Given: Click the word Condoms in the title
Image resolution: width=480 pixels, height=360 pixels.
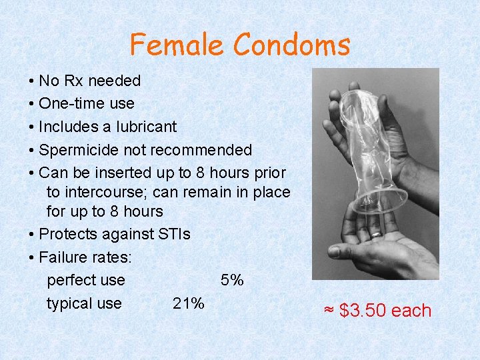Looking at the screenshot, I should tap(291, 45).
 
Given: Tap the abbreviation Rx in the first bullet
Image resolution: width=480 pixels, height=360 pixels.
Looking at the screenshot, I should tap(75, 81).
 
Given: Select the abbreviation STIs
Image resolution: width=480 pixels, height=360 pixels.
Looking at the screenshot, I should tap(173, 235).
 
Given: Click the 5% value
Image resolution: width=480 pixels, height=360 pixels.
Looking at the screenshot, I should tap(232, 281).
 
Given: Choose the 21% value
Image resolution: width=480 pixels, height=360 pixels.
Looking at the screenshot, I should tap(188, 304).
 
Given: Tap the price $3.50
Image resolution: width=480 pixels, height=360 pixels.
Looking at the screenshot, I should tap(363, 311).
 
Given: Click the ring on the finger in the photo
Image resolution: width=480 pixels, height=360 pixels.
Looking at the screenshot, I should tap(377, 234).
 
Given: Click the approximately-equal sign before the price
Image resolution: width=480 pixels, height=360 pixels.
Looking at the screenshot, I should tap(329, 311).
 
